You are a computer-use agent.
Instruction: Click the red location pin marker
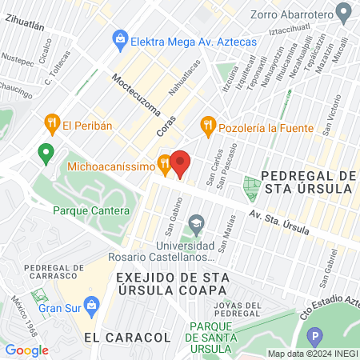[180, 163]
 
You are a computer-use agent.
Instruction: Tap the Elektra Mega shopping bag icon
[119, 38]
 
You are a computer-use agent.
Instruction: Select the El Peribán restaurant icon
[52, 124]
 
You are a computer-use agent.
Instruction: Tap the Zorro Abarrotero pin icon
[344, 12]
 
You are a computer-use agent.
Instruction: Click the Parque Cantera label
[90, 211]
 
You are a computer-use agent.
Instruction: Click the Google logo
[27, 350]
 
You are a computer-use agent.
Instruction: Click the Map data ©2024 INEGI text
[312, 354]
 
